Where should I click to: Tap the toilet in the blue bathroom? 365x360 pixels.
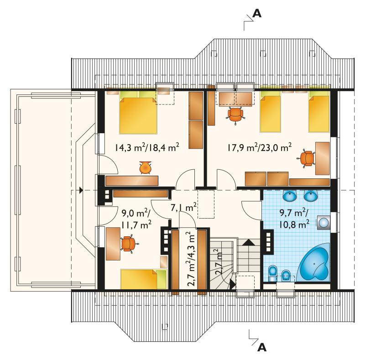click(x=272, y=273)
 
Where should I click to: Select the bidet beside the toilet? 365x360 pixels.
click(x=286, y=275)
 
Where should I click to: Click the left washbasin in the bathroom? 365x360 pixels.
click(x=290, y=196)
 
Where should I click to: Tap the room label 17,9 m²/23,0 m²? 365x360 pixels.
click(x=259, y=148)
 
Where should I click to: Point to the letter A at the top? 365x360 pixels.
click(x=257, y=14)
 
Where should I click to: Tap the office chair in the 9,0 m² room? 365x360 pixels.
click(x=128, y=244)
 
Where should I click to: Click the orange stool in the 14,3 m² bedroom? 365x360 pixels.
click(x=146, y=167)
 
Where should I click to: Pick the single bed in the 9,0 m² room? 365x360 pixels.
click(x=144, y=279)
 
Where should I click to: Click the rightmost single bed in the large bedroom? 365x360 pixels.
click(x=318, y=111)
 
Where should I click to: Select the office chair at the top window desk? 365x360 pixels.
click(x=235, y=115)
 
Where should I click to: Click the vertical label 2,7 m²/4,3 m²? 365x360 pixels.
click(x=191, y=258)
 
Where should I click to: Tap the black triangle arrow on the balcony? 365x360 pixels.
click(x=81, y=190)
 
